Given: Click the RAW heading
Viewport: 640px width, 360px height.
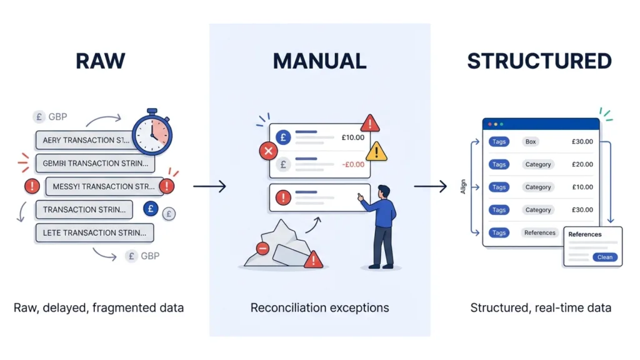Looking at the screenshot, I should (100, 61).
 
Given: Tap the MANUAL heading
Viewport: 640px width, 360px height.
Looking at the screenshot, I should (319, 61).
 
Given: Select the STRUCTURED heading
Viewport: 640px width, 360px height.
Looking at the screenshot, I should (539, 61).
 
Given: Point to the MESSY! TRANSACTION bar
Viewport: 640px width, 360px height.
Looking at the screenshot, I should (104, 186).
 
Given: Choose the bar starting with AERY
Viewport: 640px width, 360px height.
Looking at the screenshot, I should (85, 140).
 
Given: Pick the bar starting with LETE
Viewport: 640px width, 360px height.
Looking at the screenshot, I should (94, 232).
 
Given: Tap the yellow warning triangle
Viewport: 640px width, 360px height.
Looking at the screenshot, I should (376, 151).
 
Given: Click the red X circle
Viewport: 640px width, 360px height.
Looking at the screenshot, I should (268, 151).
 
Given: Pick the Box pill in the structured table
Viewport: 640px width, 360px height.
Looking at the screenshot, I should (531, 142).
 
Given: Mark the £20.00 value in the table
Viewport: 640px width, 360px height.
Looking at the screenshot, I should (582, 164).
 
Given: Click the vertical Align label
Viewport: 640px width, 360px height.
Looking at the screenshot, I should (464, 187).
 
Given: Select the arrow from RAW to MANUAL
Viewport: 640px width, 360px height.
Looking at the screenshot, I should (209, 186).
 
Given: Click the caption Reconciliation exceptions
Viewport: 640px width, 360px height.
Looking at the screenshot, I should (319, 307).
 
